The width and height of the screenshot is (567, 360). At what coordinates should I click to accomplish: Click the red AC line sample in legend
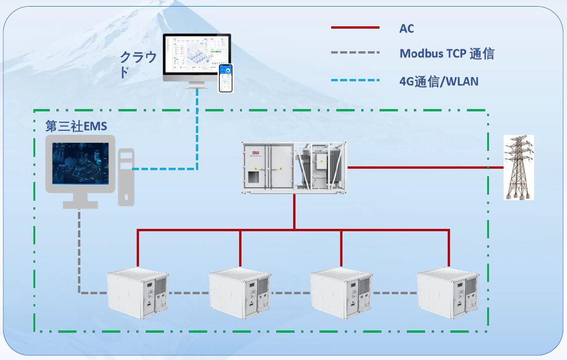tap(355, 28)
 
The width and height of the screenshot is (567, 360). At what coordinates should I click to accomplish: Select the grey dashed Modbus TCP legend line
tap(355, 53)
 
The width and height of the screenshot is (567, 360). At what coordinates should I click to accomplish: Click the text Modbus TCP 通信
tap(447, 53)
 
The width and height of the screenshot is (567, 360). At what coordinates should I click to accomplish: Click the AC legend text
tap(406, 28)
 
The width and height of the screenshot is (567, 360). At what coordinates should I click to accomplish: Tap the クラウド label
tap(138, 64)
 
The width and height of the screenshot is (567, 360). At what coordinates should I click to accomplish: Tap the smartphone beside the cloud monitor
tap(225, 78)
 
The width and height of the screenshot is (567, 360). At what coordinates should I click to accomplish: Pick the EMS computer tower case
tap(126, 176)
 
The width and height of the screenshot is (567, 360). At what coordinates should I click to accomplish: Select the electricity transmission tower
tap(519, 167)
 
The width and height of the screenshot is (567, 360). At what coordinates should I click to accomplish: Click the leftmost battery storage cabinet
tap(137, 292)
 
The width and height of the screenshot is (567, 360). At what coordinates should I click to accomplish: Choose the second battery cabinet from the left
tap(240, 292)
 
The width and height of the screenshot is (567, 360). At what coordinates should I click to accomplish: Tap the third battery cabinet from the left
tap(341, 292)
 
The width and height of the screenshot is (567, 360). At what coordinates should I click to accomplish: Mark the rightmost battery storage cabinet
tap(448, 292)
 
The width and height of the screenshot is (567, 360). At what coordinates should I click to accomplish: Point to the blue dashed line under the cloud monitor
tap(197, 127)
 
